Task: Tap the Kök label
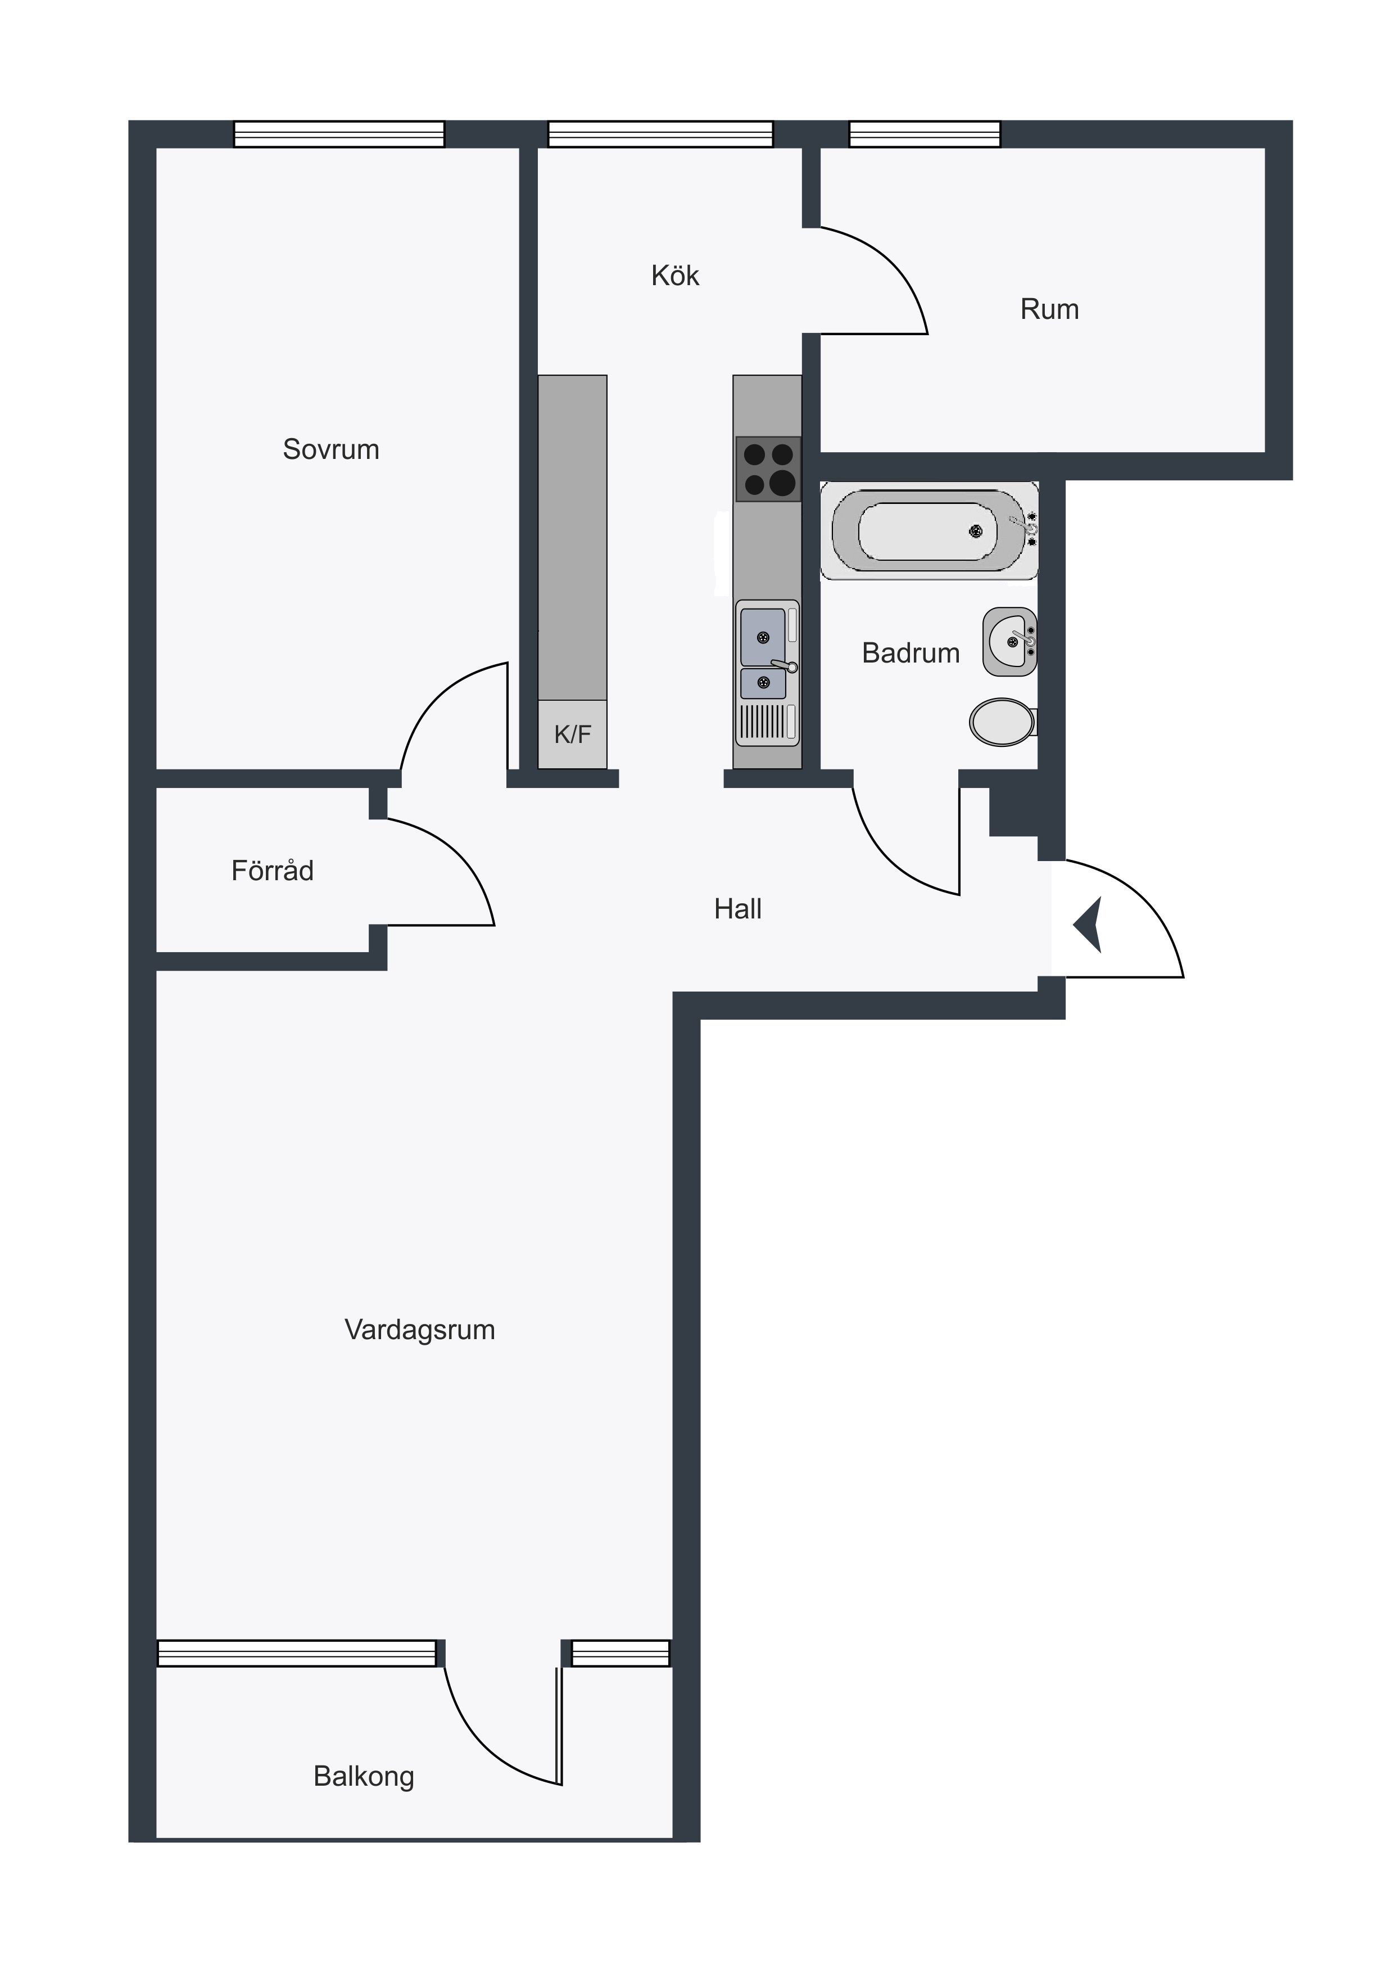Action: [675, 276]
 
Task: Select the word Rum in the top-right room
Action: [1050, 309]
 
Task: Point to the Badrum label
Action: [911, 653]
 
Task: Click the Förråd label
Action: [272, 871]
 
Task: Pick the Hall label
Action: [738, 909]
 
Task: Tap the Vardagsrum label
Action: [420, 1330]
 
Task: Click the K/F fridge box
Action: [572, 735]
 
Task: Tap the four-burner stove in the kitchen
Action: [768, 469]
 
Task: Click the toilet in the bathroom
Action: [1003, 722]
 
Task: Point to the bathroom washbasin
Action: [1010, 642]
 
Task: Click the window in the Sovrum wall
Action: [339, 134]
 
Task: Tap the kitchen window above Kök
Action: [660, 134]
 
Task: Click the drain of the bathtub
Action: [976, 531]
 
